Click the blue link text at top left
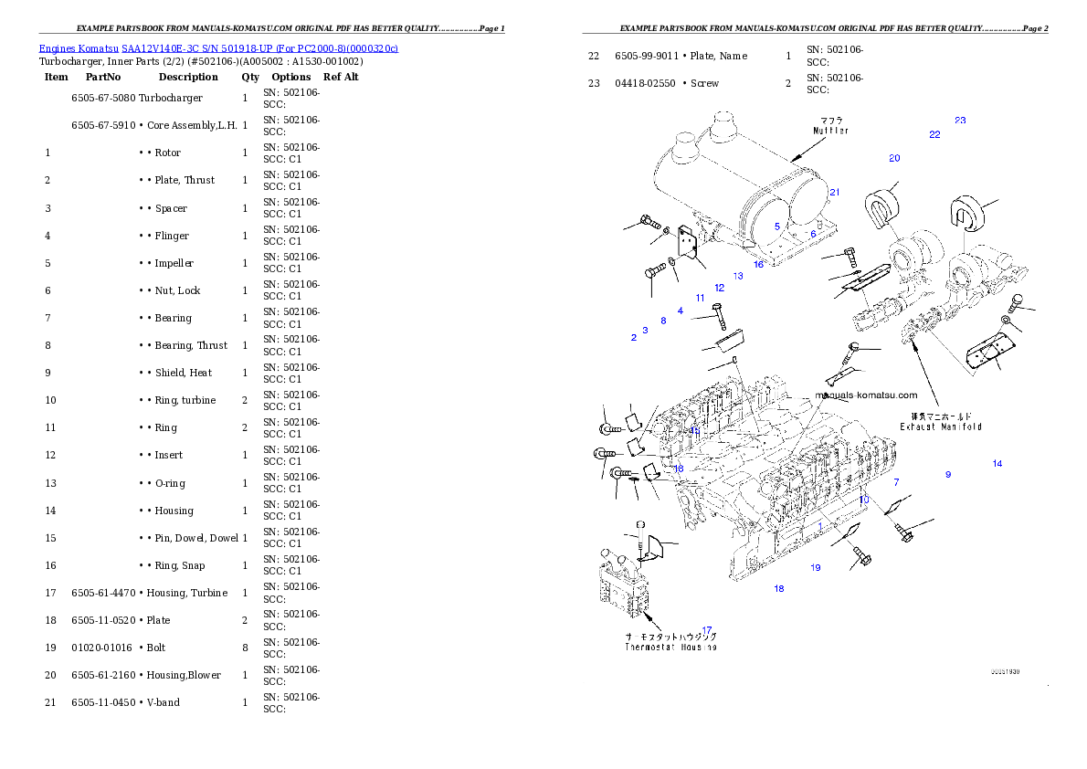pos(217,47)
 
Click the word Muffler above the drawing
pos(831,131)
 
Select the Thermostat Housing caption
pos(670,647)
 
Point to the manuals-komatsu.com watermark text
pos(866,395)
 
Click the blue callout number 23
pos(960,121)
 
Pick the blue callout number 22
pos(934,135)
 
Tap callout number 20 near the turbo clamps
pos(894,158)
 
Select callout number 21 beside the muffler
pos(834,192)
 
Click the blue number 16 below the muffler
pos(758,265)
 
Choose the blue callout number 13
pos(738,276)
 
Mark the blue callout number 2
pos(633,338)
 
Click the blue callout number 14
pos(997,464)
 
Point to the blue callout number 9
pos(948,475)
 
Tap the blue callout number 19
pos(816,568)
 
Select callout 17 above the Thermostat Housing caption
pos(707,629)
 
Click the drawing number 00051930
pos(1005,671)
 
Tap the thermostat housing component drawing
pos(626,589)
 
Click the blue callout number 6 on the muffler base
pos(813,235)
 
